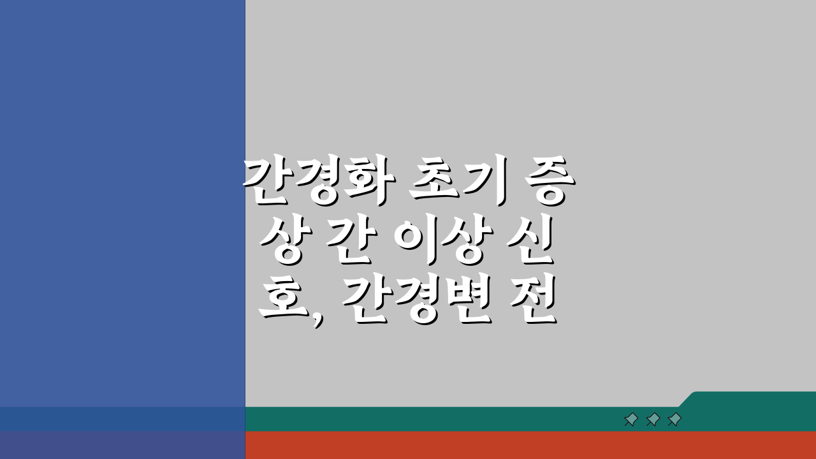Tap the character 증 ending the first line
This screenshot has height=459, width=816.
pyautogui.click(x=543, y=184)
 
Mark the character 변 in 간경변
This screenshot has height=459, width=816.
pyautogui.click(x=466, y=301)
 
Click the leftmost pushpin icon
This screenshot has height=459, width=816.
pyautogui.click(x=631, y=419)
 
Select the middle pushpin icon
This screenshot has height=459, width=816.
pyautogui.click(x=653, y=419)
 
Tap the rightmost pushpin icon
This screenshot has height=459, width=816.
pyautogui.click(x=674, y=419)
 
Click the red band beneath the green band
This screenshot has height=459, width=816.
pyautogui.click(x=529, y=445)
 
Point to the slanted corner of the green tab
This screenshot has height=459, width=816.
pyautogui.click(x=687, y=398)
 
